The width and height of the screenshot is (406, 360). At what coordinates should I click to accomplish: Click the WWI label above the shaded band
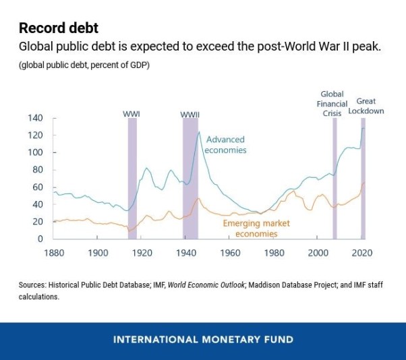[132, 113]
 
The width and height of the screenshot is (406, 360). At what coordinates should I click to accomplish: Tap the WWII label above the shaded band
[190, 115]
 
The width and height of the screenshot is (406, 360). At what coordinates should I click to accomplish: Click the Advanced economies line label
[225, 145]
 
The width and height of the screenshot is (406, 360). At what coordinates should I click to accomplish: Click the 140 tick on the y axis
[34, 118]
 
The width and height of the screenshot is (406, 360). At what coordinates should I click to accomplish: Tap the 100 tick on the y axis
[34, 152]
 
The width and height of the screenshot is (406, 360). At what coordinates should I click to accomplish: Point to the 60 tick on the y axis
[37, 187]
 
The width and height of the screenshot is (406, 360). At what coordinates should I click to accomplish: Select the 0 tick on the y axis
[40, 239]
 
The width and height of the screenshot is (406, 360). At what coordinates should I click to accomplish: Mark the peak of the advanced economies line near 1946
[199, 132]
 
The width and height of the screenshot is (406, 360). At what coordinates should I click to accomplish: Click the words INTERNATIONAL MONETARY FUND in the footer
[203, 339]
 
